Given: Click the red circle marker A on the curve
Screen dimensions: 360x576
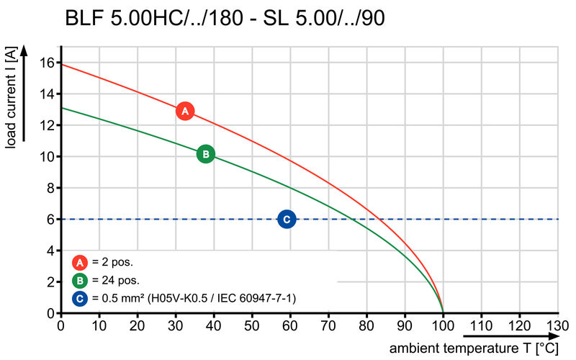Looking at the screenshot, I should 185,111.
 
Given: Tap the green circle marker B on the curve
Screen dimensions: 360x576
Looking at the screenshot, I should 205,153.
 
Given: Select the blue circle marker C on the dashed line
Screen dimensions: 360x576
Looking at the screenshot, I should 287,219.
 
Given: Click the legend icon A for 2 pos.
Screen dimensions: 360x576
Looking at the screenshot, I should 80,263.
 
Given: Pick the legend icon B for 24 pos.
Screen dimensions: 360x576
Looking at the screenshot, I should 80,280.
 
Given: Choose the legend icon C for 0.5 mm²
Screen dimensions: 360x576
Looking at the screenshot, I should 80,297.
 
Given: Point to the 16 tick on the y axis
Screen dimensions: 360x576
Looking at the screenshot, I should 47,62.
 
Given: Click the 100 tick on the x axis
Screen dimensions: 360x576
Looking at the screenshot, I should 443,326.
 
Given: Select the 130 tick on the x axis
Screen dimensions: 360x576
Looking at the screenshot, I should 557,326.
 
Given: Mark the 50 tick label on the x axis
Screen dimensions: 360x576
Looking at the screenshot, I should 252,326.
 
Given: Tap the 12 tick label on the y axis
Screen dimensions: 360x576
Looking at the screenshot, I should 47,125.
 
